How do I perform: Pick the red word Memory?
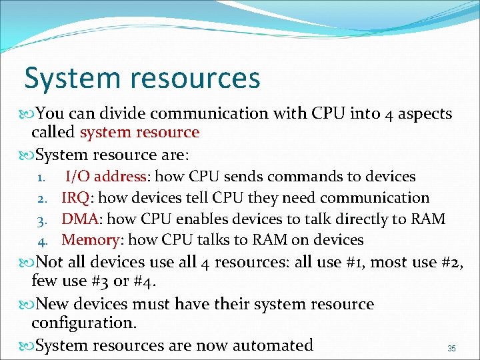point(90,239)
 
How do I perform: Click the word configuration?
point(83,324)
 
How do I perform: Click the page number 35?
point(451,349)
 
